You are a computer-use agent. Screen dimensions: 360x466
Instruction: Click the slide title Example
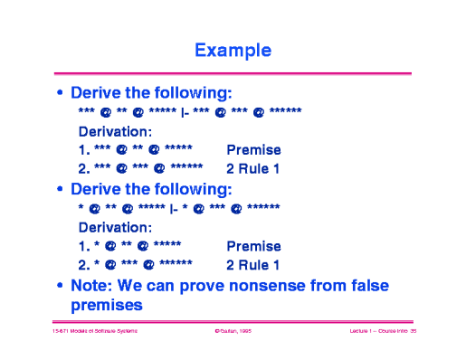click(x=233, y=50)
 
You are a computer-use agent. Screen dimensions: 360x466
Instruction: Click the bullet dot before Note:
click(x=61, y=287)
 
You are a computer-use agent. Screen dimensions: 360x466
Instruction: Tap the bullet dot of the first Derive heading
click(x=61, y=93)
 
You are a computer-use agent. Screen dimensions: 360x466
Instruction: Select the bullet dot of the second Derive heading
click(x=61, y=190)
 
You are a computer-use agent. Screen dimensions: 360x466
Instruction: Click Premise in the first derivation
click(x=253, y=150)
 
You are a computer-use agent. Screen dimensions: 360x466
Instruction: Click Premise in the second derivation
click(x=253, y=246)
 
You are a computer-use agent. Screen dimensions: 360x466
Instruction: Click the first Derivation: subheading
click(x=115, y=131)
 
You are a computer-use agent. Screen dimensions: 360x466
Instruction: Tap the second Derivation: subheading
click(x=115, y=227)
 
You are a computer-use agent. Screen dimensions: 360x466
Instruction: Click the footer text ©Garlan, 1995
click(x=232, y=333)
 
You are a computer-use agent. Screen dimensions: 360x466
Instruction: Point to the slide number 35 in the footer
click(x=411, y=333)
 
